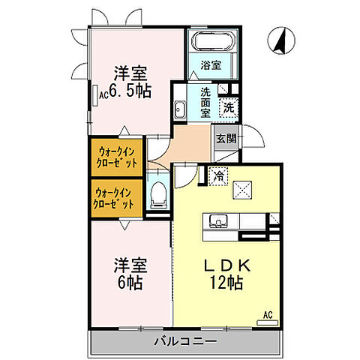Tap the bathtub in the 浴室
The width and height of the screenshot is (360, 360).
click(x=213, y=41)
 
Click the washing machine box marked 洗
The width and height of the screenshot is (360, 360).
click(x=228, y=107)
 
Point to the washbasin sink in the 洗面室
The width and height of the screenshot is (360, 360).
click(x=180, y=111)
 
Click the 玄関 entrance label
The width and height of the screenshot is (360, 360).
click(x=227, y=138)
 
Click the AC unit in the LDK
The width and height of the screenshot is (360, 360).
click(x=265, y=320)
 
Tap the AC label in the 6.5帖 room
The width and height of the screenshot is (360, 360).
click(x=103, y=95)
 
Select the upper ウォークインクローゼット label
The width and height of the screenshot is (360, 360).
click(x=115, y=157)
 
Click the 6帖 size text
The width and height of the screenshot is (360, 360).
click(x=130, y=285)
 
